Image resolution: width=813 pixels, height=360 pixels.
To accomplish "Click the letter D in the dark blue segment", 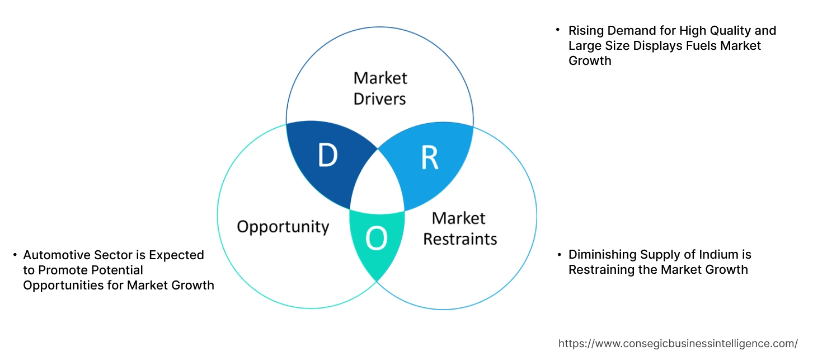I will (x=327, y=156).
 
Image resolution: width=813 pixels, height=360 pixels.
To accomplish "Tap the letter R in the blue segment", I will (x=429, y=158).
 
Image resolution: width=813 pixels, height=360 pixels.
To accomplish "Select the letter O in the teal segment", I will (x=376, y=239).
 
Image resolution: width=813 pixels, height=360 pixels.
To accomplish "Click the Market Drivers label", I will (x=380, y=88).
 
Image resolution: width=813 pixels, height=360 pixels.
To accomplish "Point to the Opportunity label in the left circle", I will (x=283, y=227).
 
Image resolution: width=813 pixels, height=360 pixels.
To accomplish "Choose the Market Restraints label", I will (x=459, y=228).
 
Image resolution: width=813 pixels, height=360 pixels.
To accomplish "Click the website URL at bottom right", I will (x=678, y=344).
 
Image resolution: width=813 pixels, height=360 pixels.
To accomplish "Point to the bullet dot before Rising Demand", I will (x=558, y=29).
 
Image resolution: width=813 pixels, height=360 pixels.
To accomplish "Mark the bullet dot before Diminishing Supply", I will (x=559, y=255).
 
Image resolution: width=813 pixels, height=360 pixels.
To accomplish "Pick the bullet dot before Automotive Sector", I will (x=15, y=255).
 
